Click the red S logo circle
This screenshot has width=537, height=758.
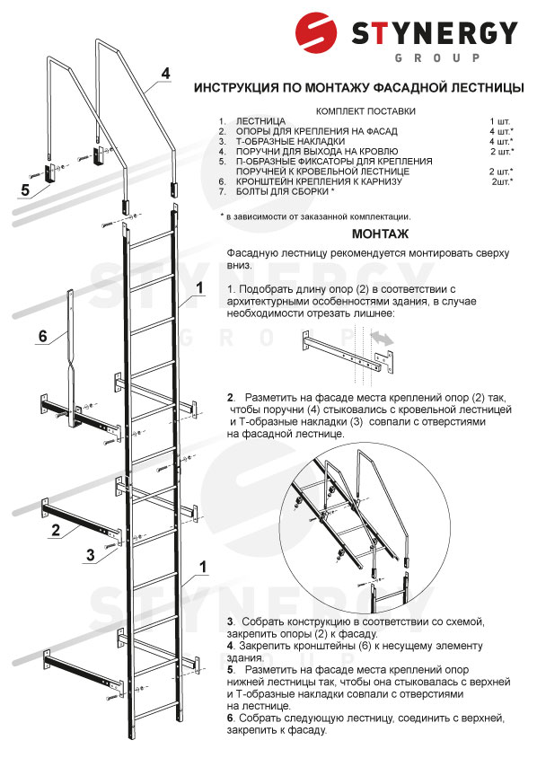[316, 32]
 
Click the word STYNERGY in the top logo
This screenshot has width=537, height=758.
[435, 33]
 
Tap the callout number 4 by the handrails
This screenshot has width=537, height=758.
[166, 74]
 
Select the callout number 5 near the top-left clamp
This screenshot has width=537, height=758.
[25, 190]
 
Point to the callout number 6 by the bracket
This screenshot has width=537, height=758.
[43, 336]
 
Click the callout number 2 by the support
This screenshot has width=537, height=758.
[56, 530]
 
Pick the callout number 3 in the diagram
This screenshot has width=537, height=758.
[91, 554]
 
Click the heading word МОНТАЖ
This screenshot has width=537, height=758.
[380, 234]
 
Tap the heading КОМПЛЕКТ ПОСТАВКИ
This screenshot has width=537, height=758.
[365, 111]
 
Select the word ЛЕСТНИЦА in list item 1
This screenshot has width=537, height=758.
[260, 121]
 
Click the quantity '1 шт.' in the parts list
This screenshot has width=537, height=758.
[500, 121]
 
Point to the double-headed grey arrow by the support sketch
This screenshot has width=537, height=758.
[382, 339]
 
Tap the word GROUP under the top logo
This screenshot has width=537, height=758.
[437, 58]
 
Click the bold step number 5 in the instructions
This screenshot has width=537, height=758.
[230, 670]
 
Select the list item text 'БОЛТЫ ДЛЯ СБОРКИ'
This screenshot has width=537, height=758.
[282, 191]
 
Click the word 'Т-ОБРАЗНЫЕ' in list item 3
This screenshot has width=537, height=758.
[262, 142]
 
